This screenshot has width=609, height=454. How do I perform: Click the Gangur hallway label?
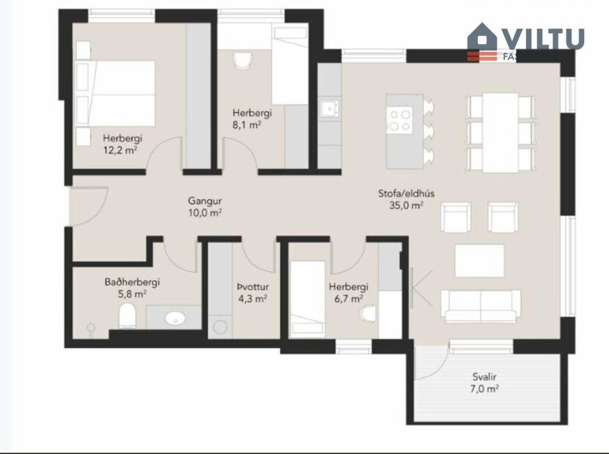(204, 201)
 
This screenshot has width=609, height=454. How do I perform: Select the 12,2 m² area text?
(122, 150)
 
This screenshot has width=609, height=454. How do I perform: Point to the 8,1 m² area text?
(248, 124)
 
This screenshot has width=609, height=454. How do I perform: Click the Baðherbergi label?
(132, 282)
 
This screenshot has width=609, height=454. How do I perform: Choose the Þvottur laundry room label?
(251, 287)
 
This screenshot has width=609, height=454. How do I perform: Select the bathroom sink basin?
(174, 319)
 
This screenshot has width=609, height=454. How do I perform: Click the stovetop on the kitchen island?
(400, 119)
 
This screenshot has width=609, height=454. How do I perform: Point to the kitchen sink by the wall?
(329, 108)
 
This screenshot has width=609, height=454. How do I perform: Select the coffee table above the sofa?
(479, 261)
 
